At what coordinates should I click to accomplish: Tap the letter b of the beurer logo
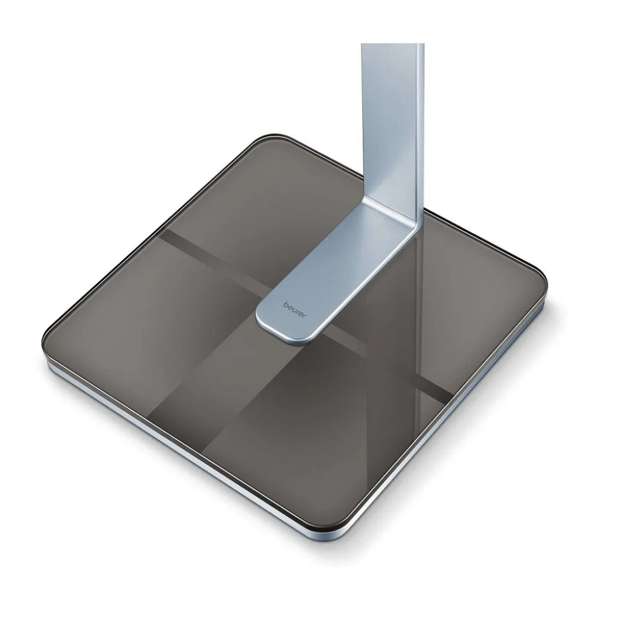pos(285,304)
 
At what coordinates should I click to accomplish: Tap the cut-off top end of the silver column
pos(393,44)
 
